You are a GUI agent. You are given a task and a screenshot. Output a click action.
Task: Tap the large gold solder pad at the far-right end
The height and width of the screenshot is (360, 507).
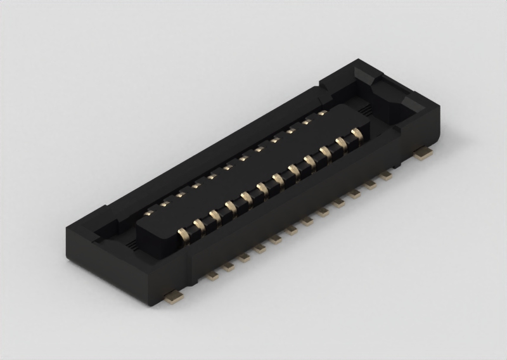423,151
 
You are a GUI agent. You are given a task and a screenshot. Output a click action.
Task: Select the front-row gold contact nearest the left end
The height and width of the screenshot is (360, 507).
185,233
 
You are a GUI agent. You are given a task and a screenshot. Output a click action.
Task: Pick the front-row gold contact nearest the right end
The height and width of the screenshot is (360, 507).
357,134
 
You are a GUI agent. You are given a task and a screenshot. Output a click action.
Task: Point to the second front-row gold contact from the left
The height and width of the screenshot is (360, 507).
200,224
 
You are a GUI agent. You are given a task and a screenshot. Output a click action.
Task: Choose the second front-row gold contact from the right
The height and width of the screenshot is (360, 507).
342,143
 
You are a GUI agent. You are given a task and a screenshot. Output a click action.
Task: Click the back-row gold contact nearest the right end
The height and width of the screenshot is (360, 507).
323,113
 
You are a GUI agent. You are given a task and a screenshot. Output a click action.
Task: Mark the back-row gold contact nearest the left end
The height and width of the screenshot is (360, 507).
150,212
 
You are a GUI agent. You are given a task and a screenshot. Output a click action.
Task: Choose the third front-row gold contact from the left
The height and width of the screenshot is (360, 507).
216,215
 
